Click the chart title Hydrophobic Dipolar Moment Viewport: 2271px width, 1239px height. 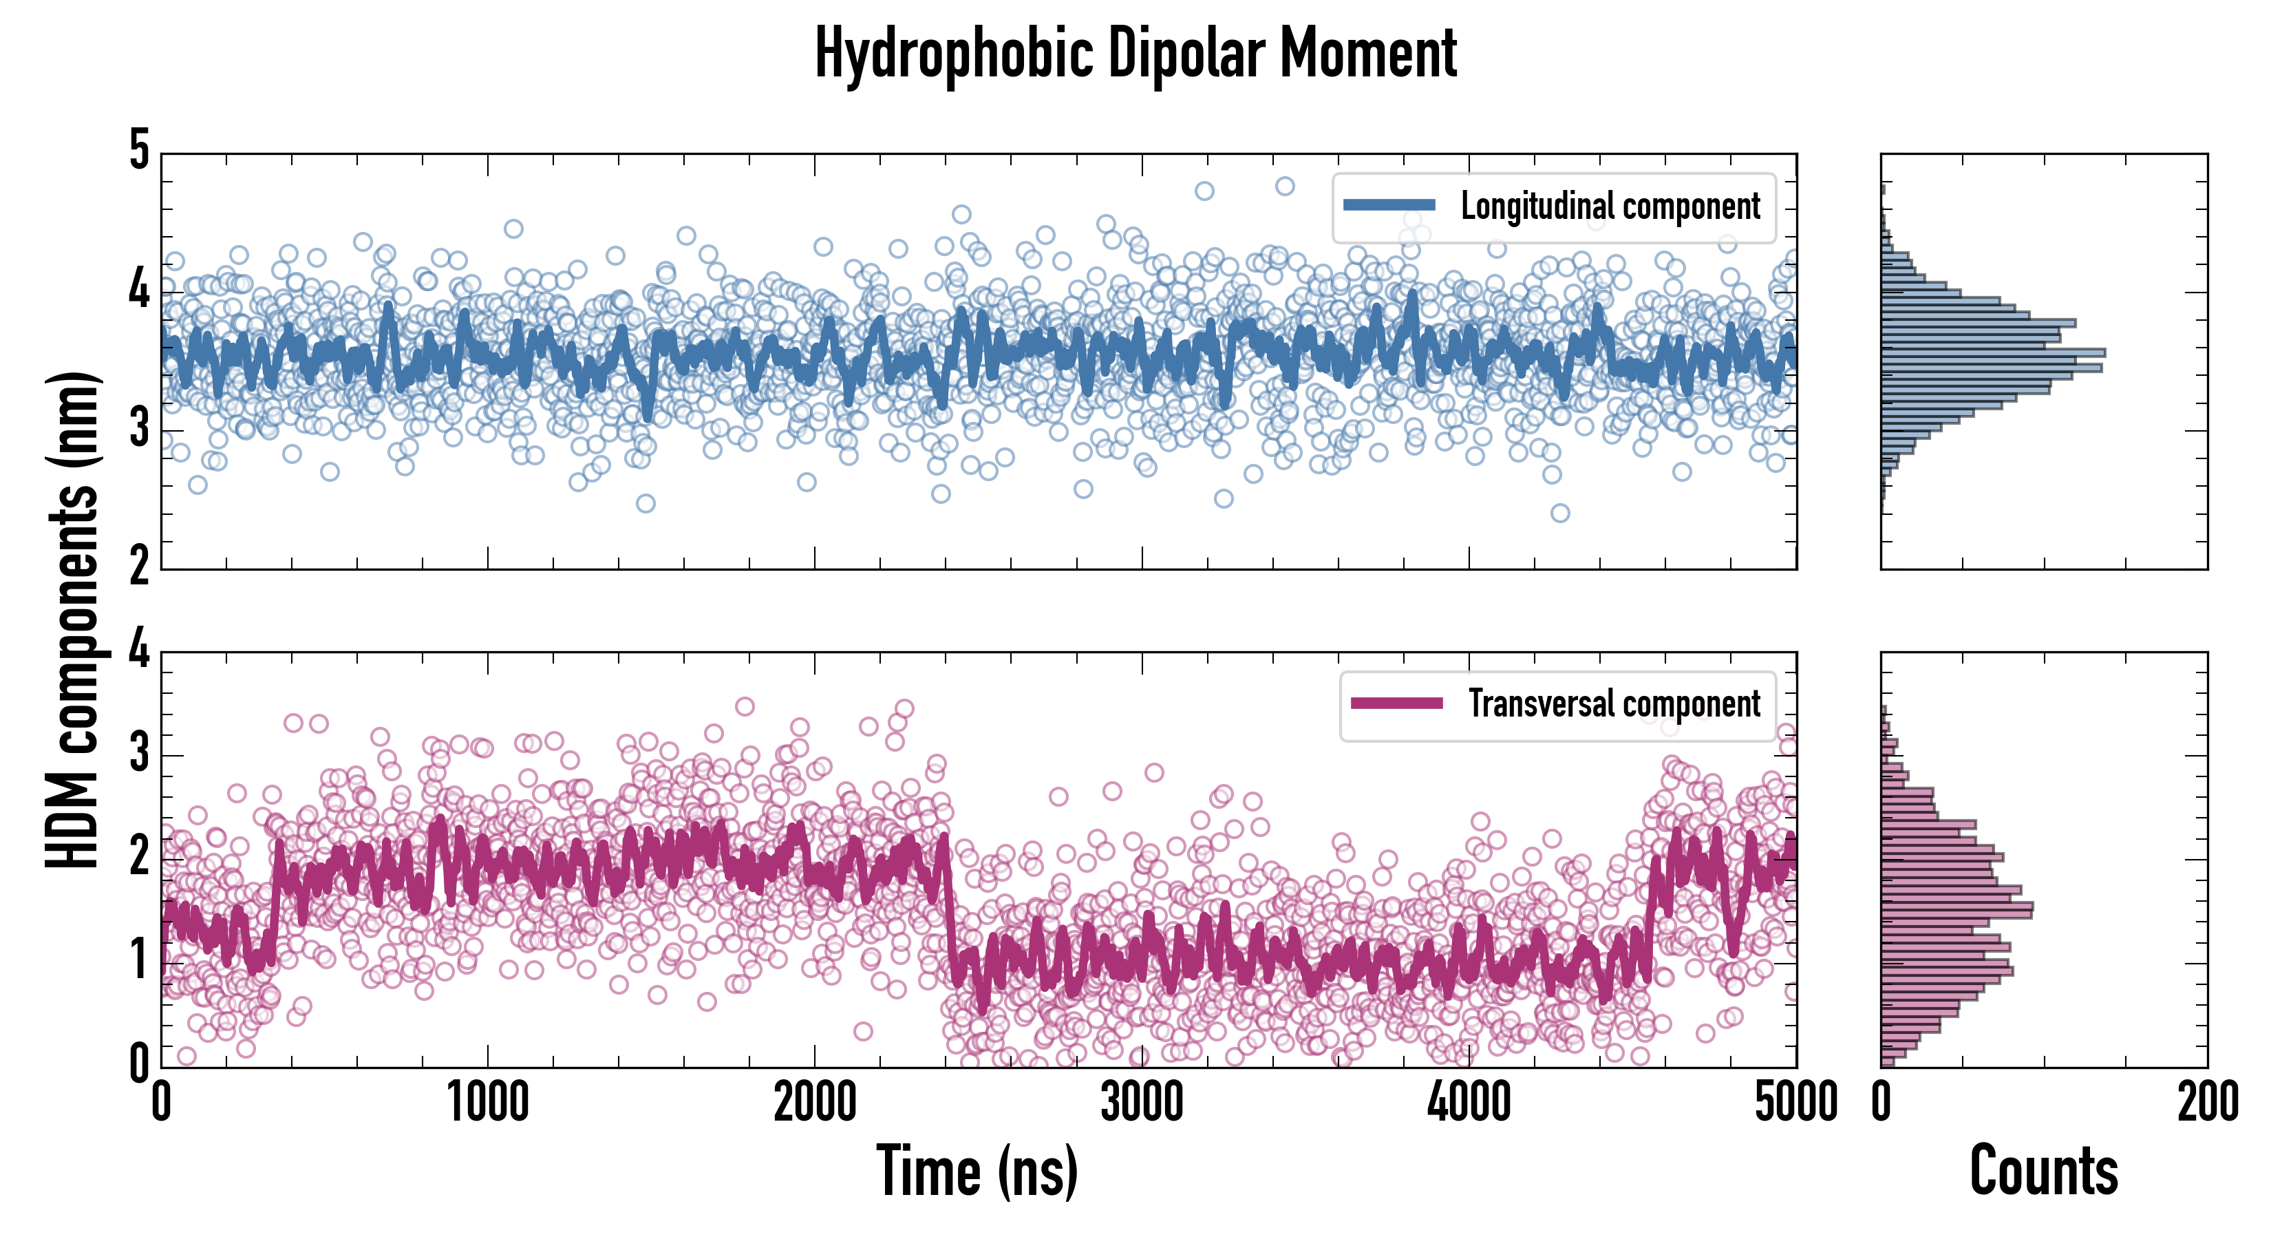tap(1135, 54)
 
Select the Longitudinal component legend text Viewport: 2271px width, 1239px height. tap(1610, 206)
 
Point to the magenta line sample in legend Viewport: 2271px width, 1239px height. tap(1396, 703)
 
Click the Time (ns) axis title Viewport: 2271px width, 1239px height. tap(977, 1170)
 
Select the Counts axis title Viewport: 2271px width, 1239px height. tap(2043, 1170)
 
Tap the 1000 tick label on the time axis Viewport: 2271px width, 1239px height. tap(487, 1102)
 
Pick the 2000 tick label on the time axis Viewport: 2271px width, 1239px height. tap(815, 1102)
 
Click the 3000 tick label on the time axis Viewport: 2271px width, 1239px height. tap(1142, 1102)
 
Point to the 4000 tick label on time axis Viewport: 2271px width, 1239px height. tap(1469, 1102)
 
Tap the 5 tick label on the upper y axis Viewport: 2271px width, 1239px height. tap(139, 150)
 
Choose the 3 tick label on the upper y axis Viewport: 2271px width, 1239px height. tap(139, 430)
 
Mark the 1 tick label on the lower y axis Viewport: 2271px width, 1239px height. tap(139, 960)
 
